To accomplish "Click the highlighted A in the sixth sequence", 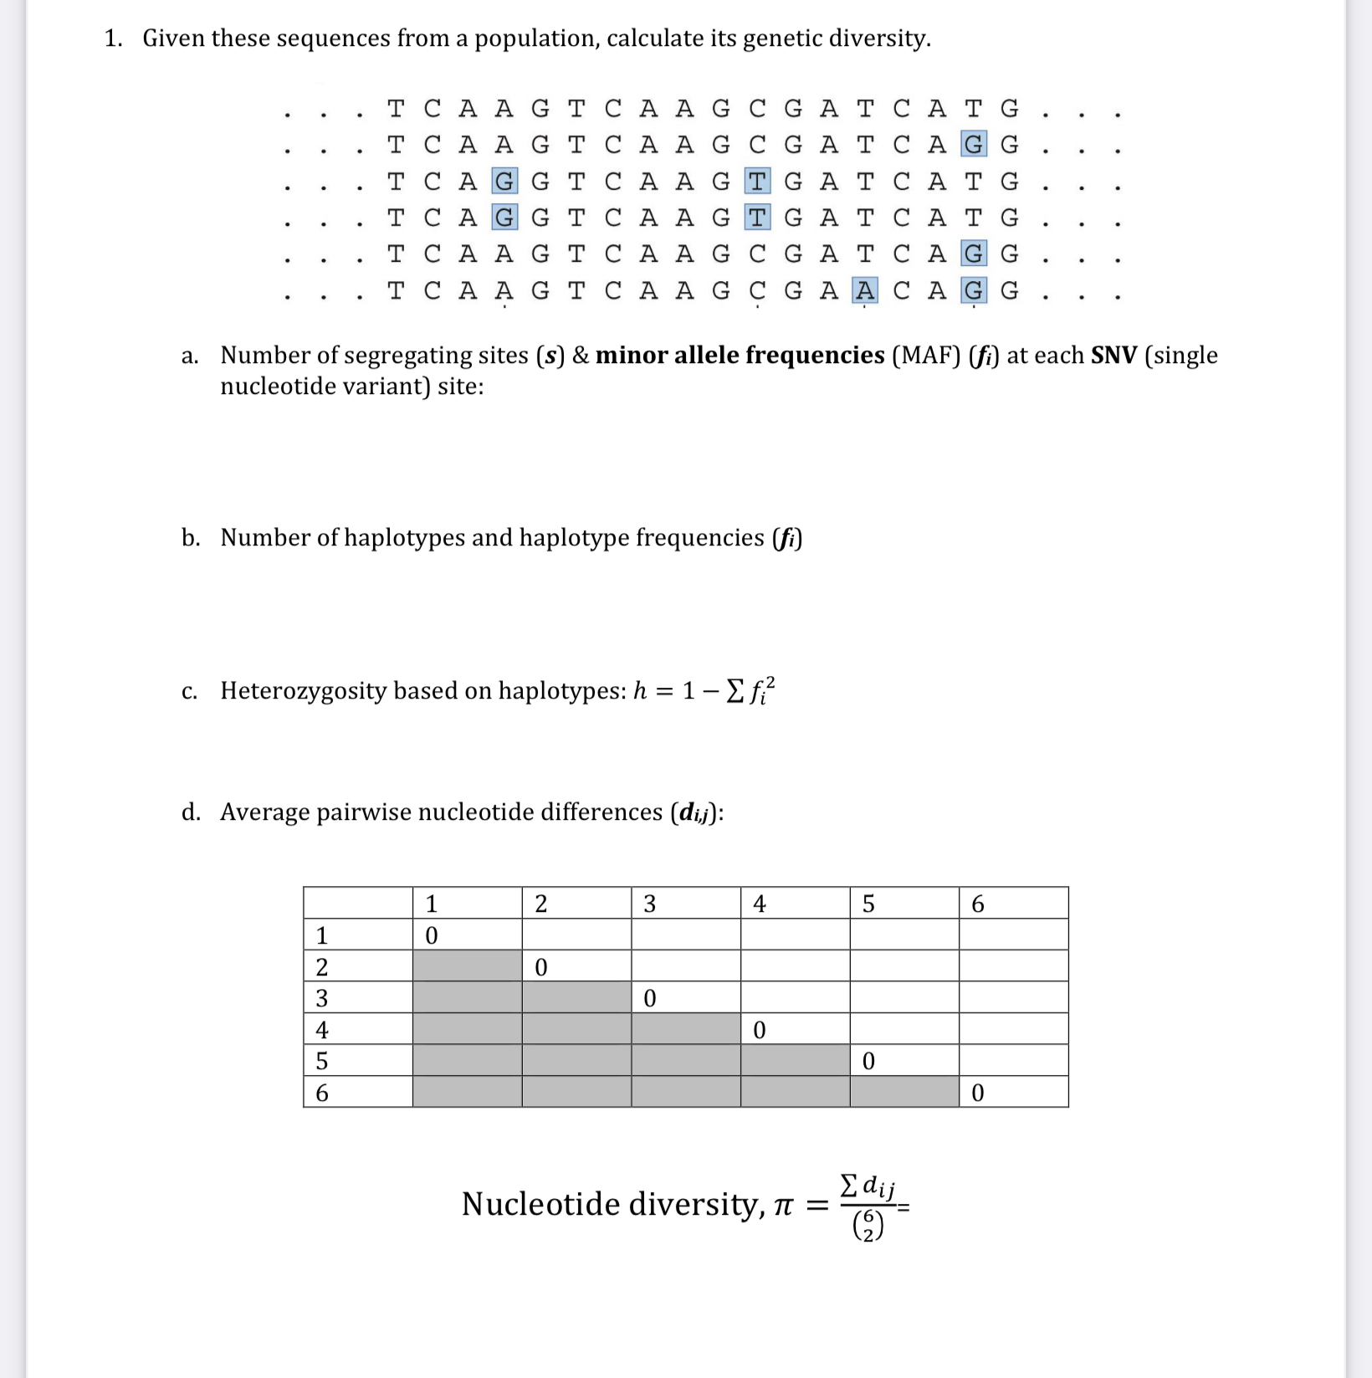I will pos(865,290).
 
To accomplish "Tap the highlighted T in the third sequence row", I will pos(757,181).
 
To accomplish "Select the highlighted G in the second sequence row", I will pos(973,145).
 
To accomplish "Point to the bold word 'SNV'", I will pos(1113,356).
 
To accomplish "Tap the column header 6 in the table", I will pos(977,904).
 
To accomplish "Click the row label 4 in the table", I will pos(322,1029).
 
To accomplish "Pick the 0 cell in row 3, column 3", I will pos(650,998).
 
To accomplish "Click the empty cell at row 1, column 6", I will pos(1013,935).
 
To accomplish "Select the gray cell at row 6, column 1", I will pos(467,1092).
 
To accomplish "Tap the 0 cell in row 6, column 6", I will pos(977,1093).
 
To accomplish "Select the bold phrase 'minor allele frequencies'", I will pos(740,356).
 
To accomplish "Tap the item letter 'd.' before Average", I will pos(191,812).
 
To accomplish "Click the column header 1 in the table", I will pos(431,904).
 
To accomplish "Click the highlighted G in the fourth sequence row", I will pos(504,218).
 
